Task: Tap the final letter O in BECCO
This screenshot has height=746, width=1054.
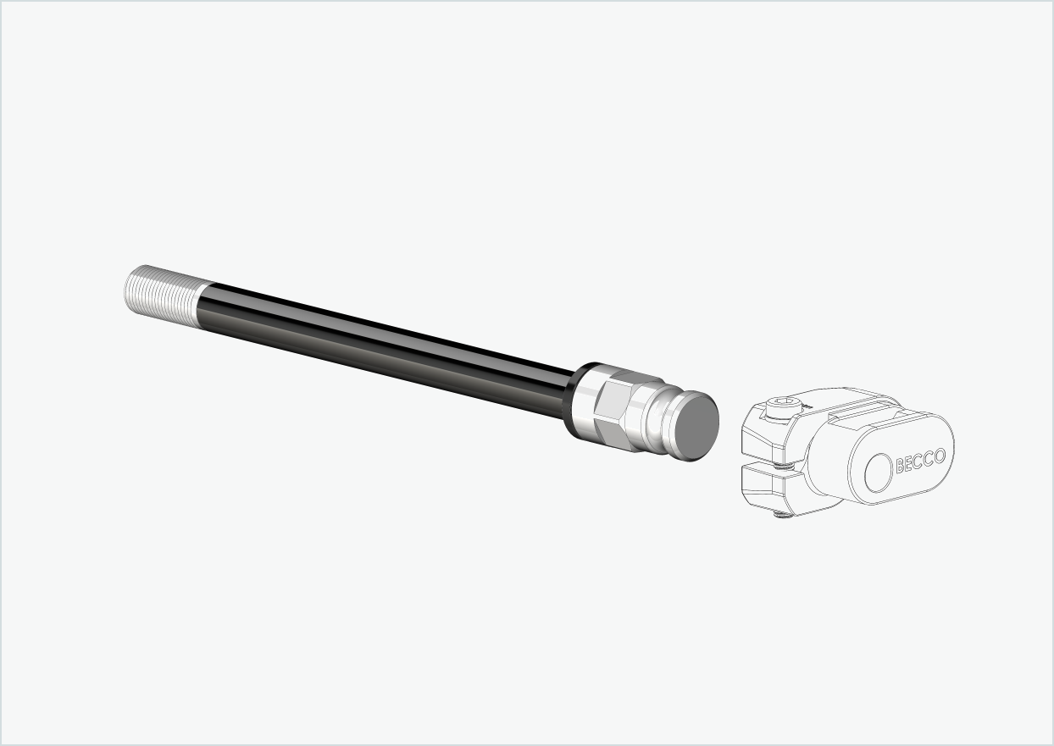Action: coord(939,452)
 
